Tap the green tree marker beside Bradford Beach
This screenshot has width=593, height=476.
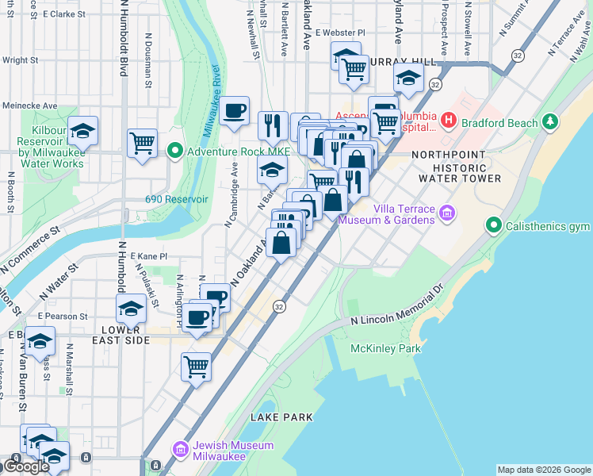(x=548, y=122)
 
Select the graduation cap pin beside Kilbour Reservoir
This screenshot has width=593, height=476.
(x=82, y=131)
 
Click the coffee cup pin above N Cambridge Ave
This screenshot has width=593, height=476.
(x=234, y=111)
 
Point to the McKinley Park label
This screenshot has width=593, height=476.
(x=387, y=348)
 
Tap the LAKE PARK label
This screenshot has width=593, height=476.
(x=281, y=417)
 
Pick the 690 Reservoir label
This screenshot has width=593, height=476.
(x=176, y=199)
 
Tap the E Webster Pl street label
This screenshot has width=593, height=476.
(x=339, y=33)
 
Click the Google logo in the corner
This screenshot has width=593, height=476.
(x=26, y=466)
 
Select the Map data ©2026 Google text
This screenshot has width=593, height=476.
(x=543, y=470)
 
